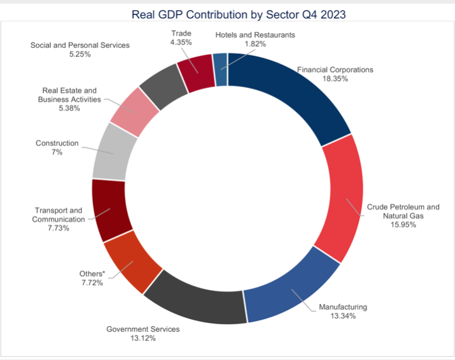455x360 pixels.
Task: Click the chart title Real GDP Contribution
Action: [228, 13]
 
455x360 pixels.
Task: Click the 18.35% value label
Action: [335, 80]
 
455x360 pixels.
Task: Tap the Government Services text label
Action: [143, 329]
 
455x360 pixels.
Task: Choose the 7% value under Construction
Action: [57, 152]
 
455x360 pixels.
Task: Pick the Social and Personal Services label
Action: [80, 45]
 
